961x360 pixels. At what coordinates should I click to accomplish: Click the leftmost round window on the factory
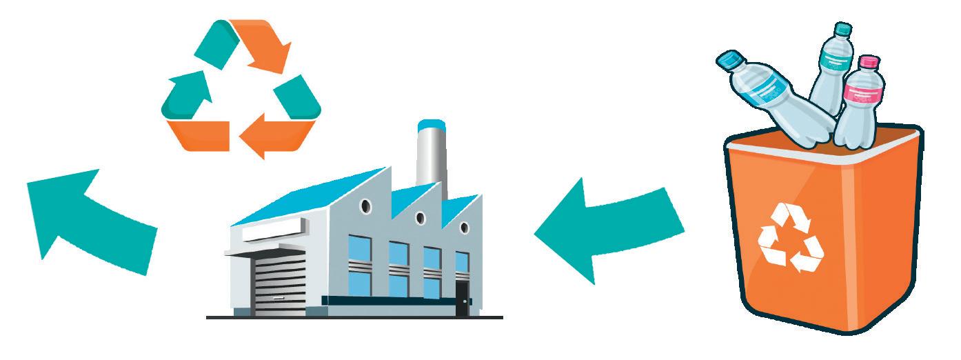pyautogui.click(x=367, y=205)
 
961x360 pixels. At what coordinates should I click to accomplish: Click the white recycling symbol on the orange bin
pyautogui.click(x=791, y=237)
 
